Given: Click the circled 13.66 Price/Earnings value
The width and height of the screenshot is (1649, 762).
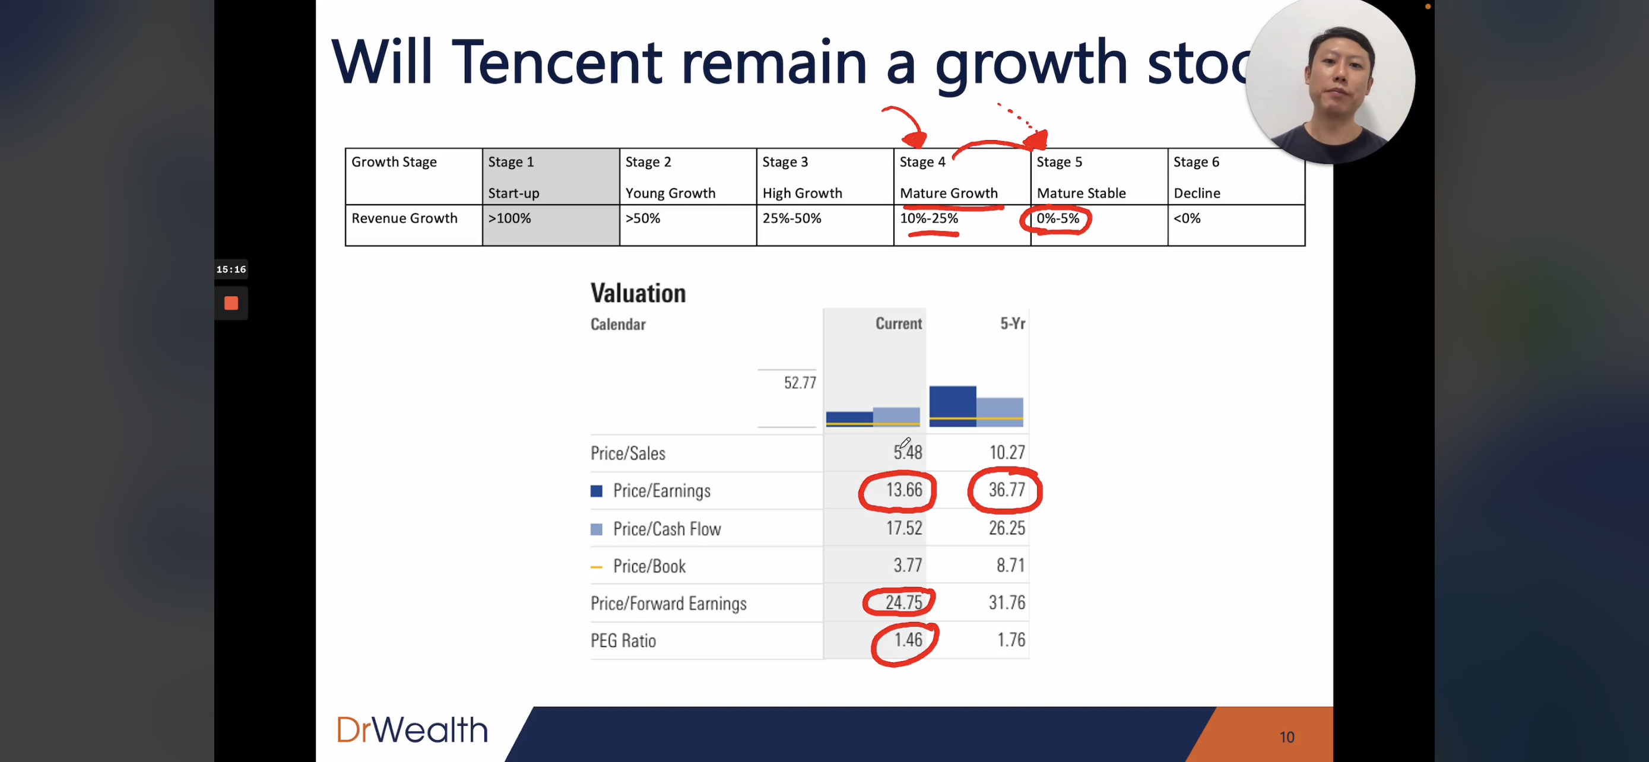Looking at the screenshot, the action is click(x=904, y=490).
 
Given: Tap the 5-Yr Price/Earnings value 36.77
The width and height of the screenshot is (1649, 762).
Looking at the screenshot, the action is click(x=1006, y=490).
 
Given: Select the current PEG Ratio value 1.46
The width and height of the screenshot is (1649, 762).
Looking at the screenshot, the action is click(x=908, y=640).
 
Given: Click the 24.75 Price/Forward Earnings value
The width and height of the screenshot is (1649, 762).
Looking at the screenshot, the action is click(x=904, y=603).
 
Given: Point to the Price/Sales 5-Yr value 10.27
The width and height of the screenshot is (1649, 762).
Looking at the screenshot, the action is click(x=1007, y=453).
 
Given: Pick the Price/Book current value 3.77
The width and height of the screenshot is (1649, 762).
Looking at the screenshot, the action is click(x=908, y=566).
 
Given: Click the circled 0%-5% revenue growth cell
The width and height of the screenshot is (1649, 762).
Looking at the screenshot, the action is click(x=1058, y=219).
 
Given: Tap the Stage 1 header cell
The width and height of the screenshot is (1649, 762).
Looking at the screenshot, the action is click(x=550, y=177).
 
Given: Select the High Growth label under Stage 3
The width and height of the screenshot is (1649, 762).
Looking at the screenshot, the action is click(x=802, y=193).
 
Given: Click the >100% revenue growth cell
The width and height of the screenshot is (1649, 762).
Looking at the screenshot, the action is click(x=550, y=225).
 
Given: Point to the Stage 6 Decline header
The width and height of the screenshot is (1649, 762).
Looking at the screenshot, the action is click(x=1236, y=177).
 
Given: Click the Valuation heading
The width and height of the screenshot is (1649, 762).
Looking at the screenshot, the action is click(x=638, y=293).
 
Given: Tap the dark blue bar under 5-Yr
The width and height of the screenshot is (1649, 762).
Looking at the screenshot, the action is click(x=953, y=407).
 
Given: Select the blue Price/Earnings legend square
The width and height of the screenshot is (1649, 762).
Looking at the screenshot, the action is click(x=596, y=491).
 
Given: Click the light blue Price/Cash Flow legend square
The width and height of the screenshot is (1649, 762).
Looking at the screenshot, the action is click(x=596, y=529).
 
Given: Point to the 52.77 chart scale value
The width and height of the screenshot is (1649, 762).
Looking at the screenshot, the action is click(x=800, y=383).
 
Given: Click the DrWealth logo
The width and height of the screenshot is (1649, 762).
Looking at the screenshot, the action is click(x=412, y=729).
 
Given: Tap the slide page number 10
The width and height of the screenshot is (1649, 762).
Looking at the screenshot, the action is click(x=1287, y=737).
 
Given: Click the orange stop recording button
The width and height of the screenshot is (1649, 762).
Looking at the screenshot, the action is click(x=231, y=303).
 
